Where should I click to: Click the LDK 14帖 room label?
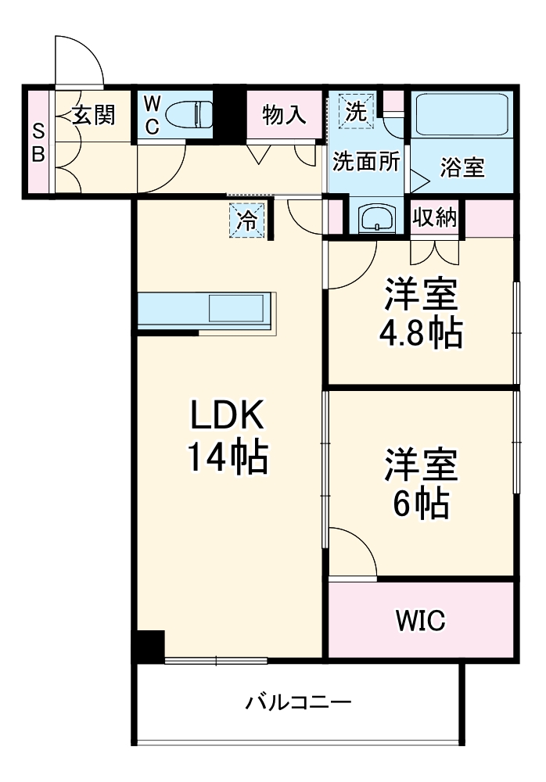[226, 438]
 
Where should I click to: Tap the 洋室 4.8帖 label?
[420, 313]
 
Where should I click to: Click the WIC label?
[420, 621]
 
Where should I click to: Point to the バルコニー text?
[298, 701]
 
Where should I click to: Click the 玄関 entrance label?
[94, 115]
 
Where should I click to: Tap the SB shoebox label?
[38, 142]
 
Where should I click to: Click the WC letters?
[153, 116]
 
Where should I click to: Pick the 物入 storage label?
[284, 115]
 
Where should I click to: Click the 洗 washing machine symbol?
[356, 112]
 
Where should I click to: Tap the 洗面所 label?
[366, 161]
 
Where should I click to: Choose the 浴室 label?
[462, 167]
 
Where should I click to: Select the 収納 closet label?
[435, 218]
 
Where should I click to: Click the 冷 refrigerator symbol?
[247, 220]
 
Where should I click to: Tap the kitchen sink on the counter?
[235, 308]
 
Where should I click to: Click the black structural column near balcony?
[148, 646]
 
